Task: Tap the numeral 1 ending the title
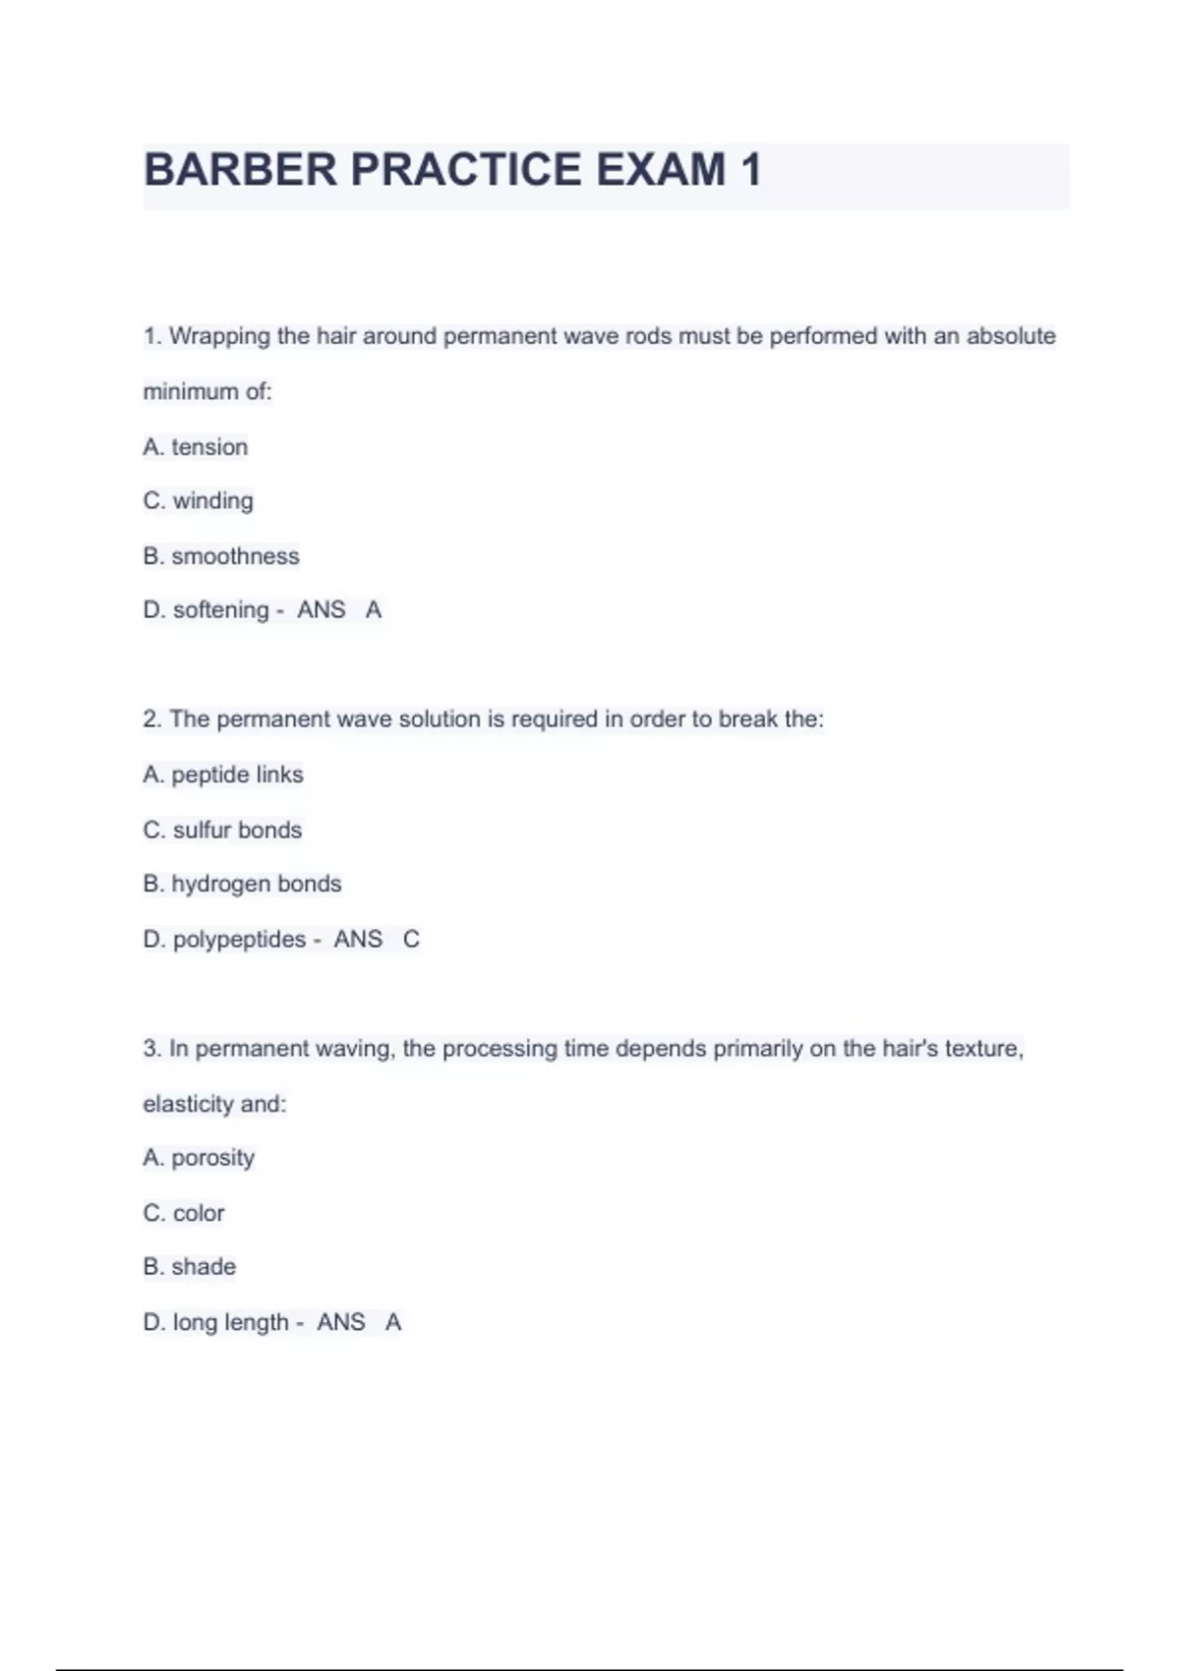751,169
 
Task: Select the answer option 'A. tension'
196,447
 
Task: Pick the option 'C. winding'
198,501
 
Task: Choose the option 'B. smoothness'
221,556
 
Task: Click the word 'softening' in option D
220,610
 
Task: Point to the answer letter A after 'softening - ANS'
374,610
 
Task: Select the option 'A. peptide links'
223,775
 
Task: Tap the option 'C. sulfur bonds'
222,831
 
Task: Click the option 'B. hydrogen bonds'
242,885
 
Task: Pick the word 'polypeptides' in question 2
239,940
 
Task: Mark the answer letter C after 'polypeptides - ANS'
411,940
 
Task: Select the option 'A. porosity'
199,1158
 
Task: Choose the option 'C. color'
184,1213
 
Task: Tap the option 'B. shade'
190,1267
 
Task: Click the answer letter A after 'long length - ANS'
393,1322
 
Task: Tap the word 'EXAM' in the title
661,169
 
